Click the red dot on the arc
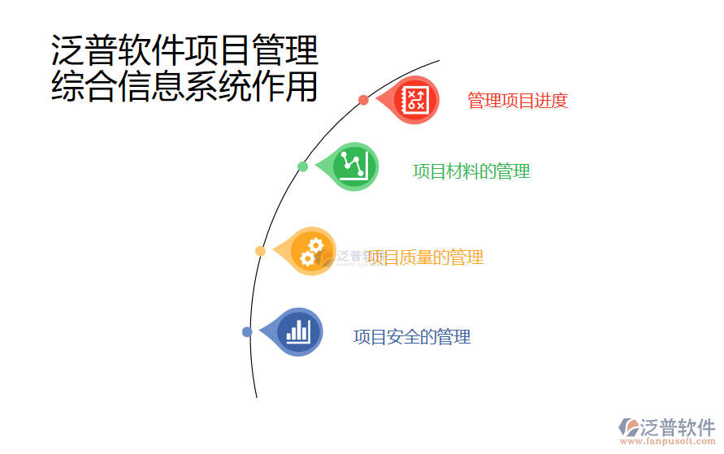click(363, 100)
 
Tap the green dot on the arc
click(302, 166)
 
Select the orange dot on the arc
click(260, 251)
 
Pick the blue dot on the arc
click(247, 331)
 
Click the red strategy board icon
click(416, 99)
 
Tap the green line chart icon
click(355, 166)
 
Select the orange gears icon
click(312, 251)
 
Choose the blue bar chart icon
click(298, 331)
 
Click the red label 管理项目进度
click(517, 101)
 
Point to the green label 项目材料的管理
click(471, 171)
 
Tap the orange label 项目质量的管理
click(425, 257)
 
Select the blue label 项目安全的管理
click(412, 337)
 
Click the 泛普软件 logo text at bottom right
click(678, 426)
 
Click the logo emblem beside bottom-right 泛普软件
click(629, 427)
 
